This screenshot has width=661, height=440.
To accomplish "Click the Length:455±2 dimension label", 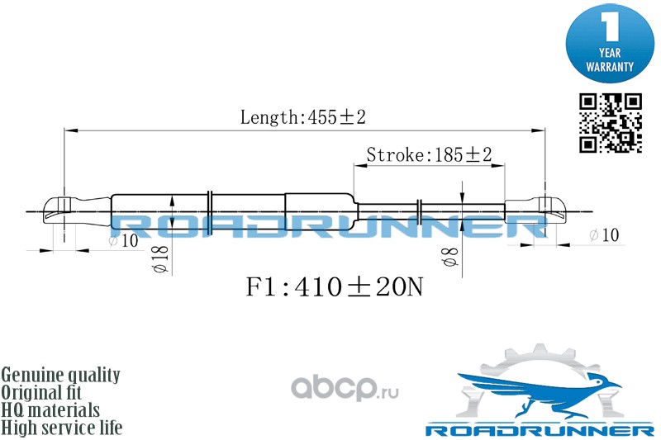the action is pos(302,117).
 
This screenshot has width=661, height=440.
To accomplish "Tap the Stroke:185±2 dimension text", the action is pos(429,154).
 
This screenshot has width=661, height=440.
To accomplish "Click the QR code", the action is pos(610,123).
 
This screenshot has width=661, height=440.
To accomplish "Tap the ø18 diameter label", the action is pos(159,259).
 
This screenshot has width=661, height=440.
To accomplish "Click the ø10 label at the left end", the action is pos(123,240).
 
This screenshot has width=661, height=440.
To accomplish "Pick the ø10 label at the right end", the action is pos(604,235).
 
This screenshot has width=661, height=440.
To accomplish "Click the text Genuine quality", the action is pos(61,375).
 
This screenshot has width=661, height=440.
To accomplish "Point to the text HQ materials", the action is pos(51,409).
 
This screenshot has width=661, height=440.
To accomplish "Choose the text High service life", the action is pos(62,428).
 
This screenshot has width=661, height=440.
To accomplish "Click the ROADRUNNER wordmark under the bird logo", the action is pos(540,430).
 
